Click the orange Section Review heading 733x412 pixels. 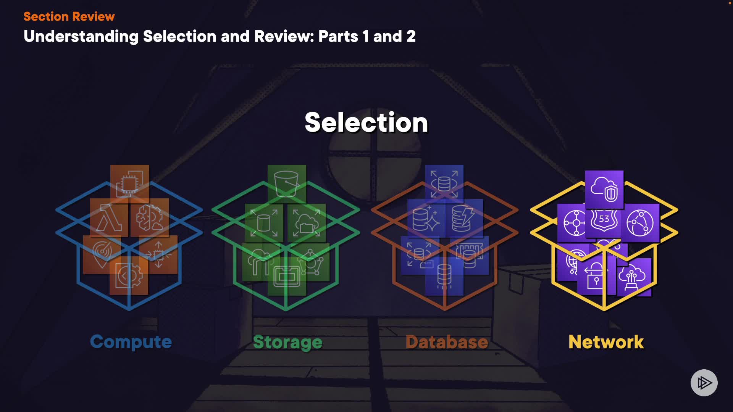(x=69, y=16)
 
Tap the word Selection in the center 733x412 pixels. (x=366, y=122)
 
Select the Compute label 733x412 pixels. (x=131, y=341)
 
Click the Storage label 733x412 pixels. (x=287, y=342)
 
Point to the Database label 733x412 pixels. (x=447, y=342)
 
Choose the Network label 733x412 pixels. (x=606, y=342)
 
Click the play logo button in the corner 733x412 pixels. (x=704, y=383)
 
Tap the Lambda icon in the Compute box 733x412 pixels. (x=109, y=218)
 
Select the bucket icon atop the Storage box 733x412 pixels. (x=287, y=183)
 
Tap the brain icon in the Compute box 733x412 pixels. (x=150, y=218)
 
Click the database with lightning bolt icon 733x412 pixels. (x=463, y=218)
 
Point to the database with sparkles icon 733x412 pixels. (x=426, y=218)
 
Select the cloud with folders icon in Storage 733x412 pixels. (x=307, y=223)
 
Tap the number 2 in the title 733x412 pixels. (x=411, y=37)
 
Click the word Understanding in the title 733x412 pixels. (x=81, y=37)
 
